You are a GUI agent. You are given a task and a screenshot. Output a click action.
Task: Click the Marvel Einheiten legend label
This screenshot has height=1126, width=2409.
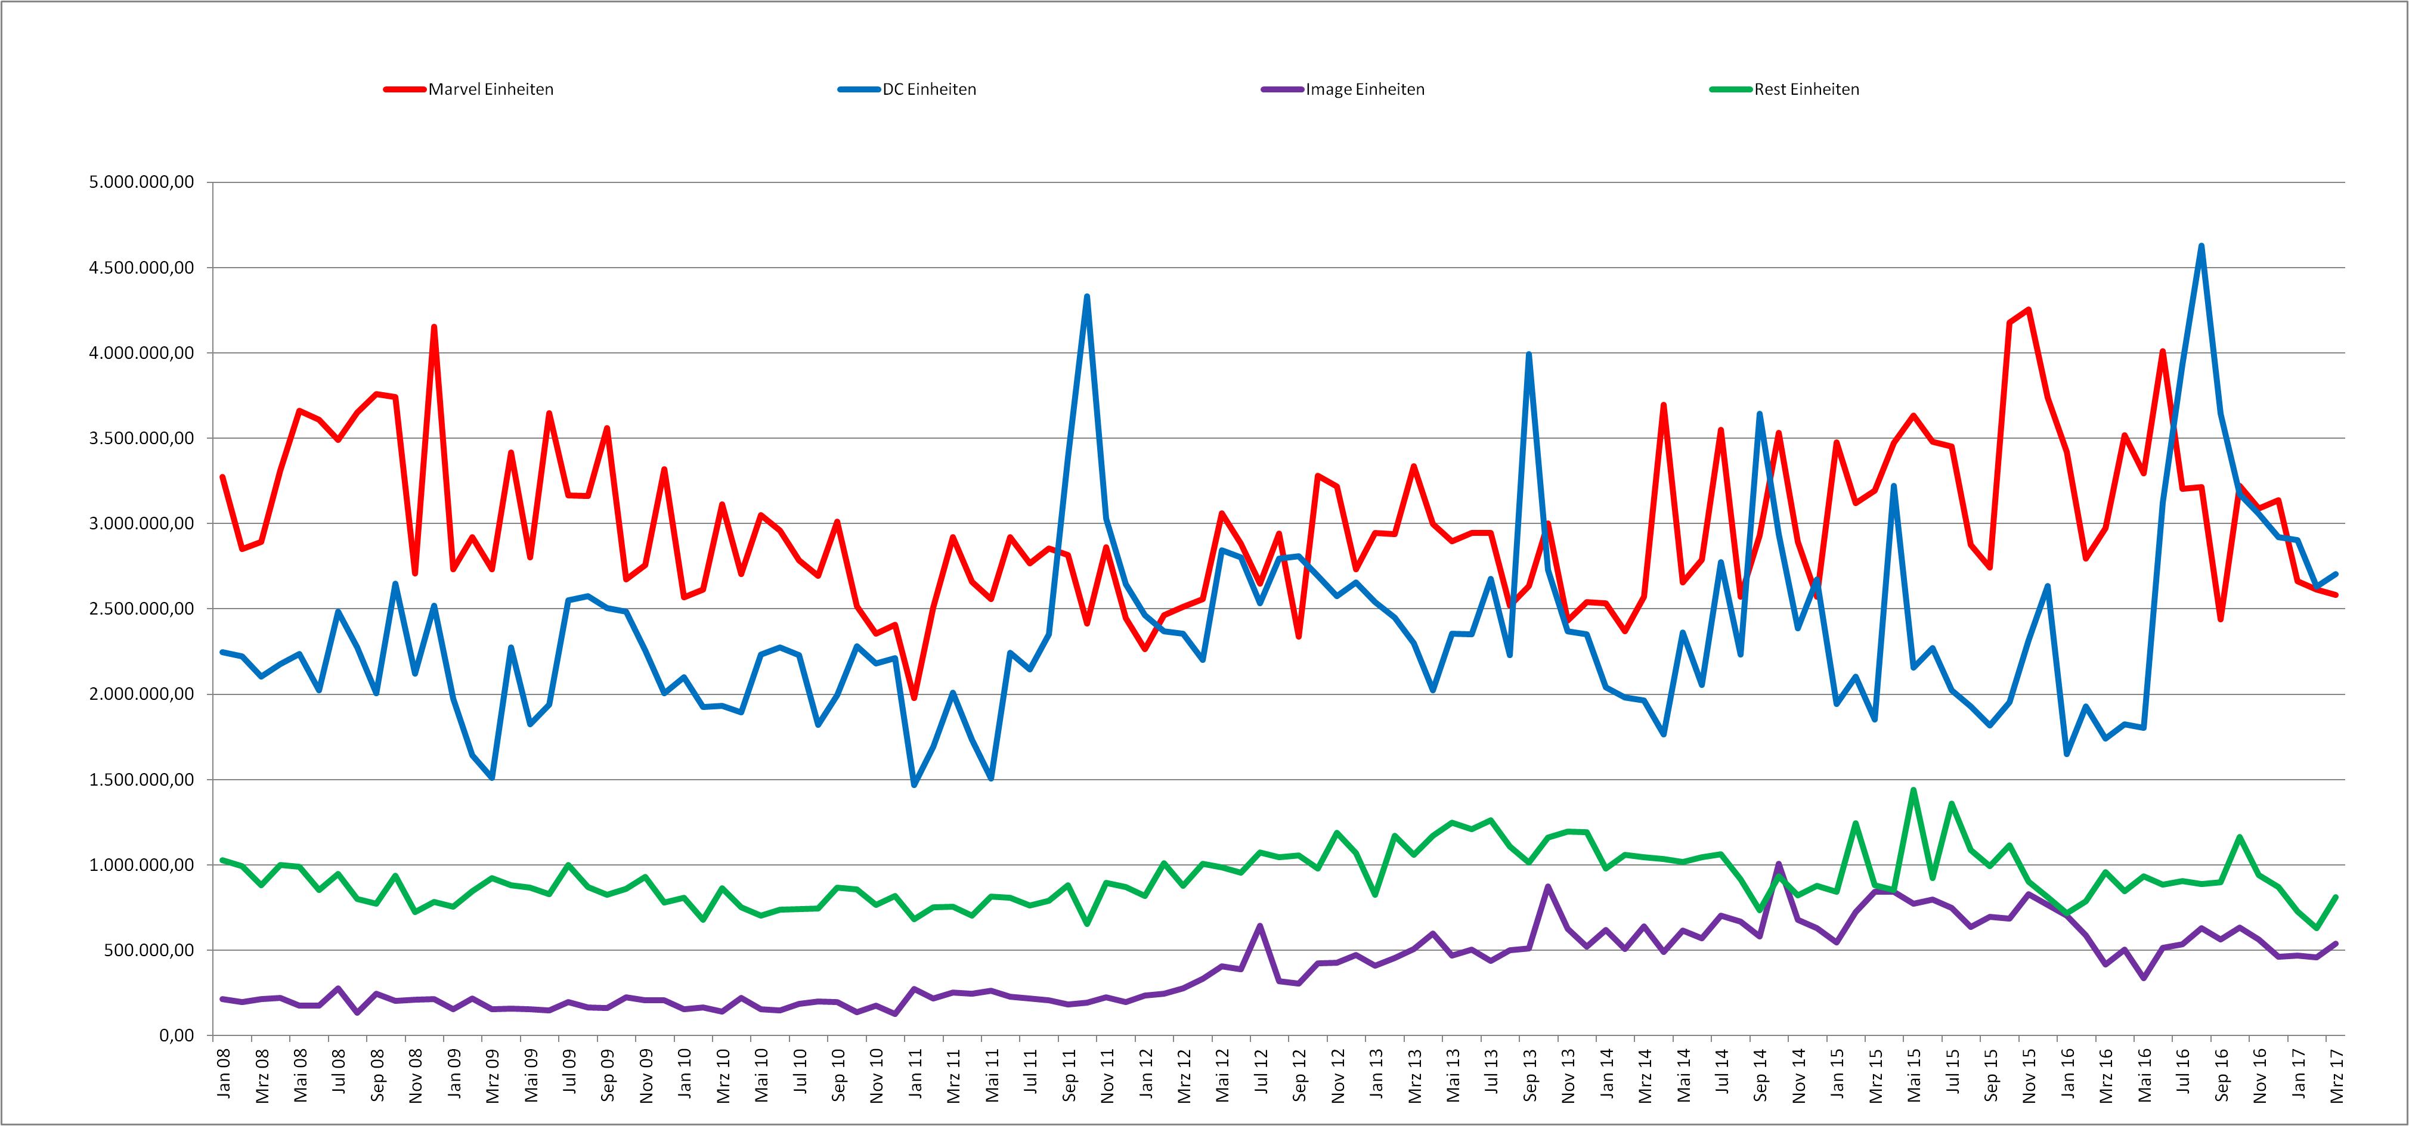click(491, 90)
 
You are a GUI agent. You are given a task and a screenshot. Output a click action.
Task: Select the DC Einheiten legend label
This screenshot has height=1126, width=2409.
click(930, 90)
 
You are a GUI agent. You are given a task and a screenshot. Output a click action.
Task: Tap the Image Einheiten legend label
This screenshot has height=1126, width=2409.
click(1365, 90)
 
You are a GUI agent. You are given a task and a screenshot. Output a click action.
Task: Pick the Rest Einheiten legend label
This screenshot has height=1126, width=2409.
click(1807, 90)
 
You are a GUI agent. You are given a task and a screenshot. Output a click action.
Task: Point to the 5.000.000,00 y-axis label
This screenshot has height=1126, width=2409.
click(141, 182)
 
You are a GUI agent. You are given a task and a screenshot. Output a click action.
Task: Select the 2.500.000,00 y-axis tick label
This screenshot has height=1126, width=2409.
click(141, 609)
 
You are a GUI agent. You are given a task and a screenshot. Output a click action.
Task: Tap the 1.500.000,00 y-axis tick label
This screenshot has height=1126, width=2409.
click(141, 779)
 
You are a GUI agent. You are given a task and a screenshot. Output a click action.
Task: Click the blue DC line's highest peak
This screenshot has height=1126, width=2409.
click(2201, 246)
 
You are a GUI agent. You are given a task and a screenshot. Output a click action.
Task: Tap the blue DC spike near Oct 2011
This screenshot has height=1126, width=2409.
click(1086, 296)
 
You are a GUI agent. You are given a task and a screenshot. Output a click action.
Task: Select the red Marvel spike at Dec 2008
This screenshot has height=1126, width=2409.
click(434, 327)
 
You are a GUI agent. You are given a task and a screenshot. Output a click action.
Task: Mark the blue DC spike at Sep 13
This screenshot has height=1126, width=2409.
click(1528, 355)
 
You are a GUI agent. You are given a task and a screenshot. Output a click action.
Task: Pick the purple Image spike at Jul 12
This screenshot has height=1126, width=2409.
click(1260, 926)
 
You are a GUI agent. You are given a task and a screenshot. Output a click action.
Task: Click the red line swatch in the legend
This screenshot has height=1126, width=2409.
click(405, 90)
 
